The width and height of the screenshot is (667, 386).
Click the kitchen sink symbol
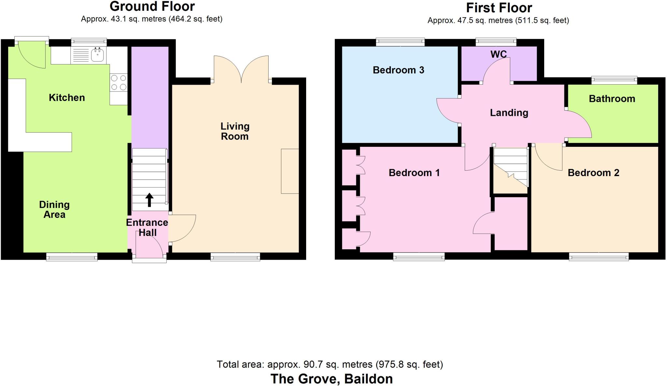pyautogui.click(x=97, y=54)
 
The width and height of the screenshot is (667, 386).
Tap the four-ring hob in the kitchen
pyautogui.click(x=119, y=82)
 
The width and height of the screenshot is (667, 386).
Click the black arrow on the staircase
pyautogui.click(x=149, y=200)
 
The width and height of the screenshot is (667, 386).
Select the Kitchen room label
pyautogui.click(x=67, y=97)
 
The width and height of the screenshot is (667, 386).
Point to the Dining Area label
pyautogui.click(x=54, y=210)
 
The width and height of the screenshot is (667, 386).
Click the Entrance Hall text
pyautogui.click(x=147, y=227)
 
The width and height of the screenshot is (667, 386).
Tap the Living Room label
pyautogui.click(x=235, y=131)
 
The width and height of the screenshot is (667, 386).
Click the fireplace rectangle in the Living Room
pyautogui.click(x=290, y=171)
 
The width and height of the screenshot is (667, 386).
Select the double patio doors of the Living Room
pyautogui.click(x=241, y=69)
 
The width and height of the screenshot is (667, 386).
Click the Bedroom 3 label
pyautogui.click(x=398, y=70)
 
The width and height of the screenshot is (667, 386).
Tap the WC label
pyautogui.click(x=498, y=54)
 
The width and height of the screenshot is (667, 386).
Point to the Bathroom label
pyautogui.click(x=612, y=99)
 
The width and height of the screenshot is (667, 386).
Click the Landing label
pyautogui.click(x=509, y=113)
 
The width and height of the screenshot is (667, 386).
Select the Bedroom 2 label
pyautogui.click(x=593, y=172)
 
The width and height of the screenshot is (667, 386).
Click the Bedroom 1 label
pyautogui.click(x=414, y=172)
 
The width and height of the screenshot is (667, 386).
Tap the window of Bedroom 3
pyautogui.click(x=400, y=42)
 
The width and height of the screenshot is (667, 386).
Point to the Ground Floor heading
pyautogui.click(x=152, y=7)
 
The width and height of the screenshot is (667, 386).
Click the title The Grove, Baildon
pyautogui.click(x=332, y=379)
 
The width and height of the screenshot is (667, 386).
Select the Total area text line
pyautogui.click(x=330, y=364)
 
